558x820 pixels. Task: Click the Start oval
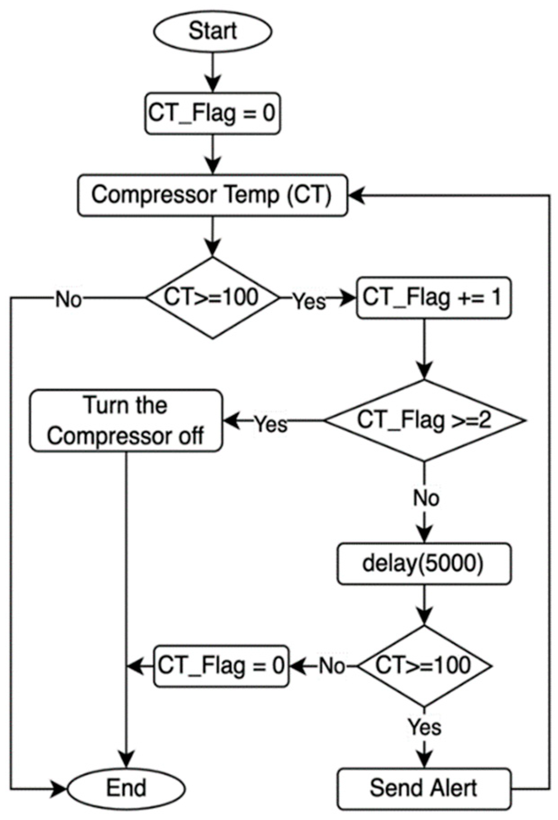click(213, 31)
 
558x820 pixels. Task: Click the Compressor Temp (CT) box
click(213, 195)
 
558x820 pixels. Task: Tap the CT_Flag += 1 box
click(433, 298)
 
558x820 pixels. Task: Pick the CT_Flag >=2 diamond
click(424, 420)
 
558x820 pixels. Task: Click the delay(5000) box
click(424, 564)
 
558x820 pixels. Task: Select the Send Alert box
click(424, 788)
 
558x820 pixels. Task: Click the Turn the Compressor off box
click(126, 420)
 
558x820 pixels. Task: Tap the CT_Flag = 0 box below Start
click(212, 113)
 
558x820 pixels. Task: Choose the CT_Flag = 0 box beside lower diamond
click(221, 666)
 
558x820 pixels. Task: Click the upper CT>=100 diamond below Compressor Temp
click(212, 298)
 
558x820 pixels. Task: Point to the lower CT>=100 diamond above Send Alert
click(424, 666)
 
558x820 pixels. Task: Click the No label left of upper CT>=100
click(69, 299)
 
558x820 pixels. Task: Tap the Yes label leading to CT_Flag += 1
click(309, 301)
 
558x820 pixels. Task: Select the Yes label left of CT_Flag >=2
click(270, 424)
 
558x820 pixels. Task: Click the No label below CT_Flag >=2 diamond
click(426, 498)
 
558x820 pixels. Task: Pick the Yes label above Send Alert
click(425, 727)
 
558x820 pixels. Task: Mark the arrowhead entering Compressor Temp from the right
click(356, 195)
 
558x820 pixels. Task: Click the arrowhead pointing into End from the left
click(60, 788)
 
